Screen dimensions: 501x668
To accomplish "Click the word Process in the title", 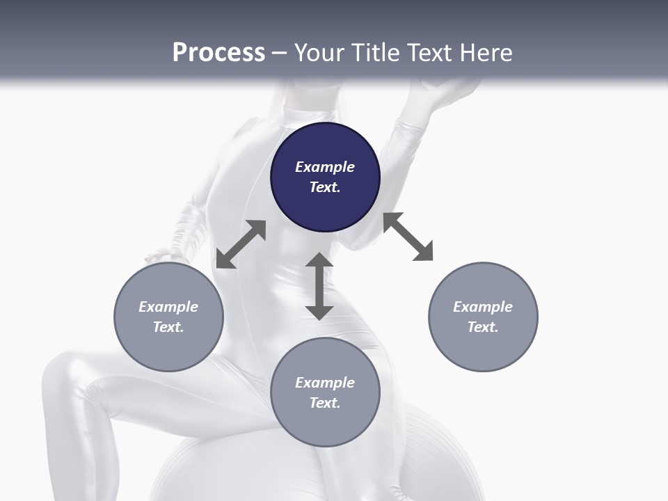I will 218,53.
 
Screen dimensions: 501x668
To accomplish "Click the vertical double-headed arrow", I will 319,286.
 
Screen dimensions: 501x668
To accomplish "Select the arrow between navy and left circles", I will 241,244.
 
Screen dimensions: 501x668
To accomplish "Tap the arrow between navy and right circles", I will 408,237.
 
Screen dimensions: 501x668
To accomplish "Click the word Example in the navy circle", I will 325,167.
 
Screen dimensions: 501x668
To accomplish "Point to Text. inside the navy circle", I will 325,187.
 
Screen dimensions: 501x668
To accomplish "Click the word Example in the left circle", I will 168,307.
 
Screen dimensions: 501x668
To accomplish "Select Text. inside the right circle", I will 483,327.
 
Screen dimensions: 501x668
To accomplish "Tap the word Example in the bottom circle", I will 325,383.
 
